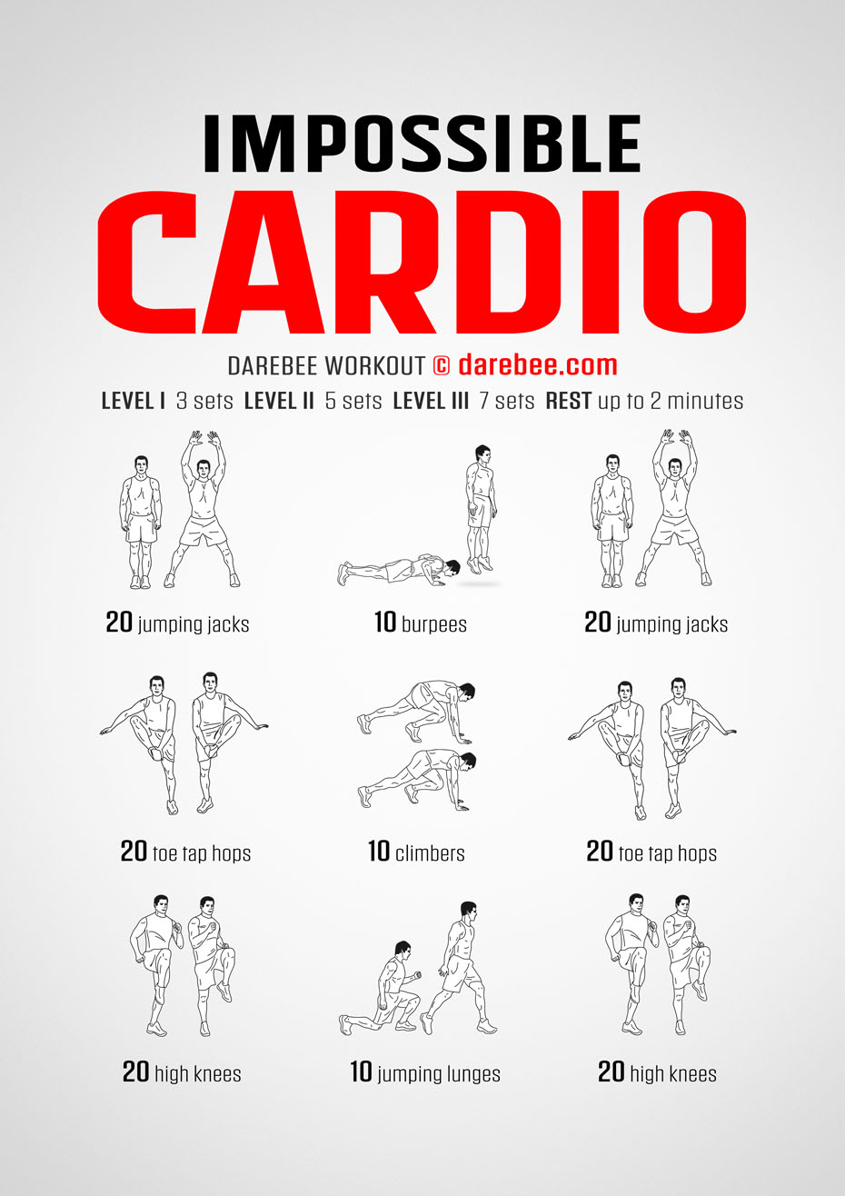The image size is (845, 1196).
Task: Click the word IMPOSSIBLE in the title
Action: (422, 143)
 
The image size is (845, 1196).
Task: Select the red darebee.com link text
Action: (537, 365)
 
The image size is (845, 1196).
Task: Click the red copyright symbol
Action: (441, 365)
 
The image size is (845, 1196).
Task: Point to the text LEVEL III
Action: (430, 401)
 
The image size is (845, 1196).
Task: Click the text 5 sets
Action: (353, 401)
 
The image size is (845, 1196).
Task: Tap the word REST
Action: (569, 401)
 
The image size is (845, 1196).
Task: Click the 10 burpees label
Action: (420, 623)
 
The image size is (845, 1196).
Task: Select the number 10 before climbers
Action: (379, 852)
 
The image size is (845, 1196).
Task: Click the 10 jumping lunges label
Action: (424, 1073)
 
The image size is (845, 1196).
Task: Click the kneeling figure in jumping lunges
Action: (386, 991)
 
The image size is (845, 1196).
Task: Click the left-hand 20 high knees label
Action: (182, 1073)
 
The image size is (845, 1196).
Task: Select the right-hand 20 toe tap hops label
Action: (651, 852)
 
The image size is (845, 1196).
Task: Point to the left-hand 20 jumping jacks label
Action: (177, 623)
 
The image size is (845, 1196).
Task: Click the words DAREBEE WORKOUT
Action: (325, 365)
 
